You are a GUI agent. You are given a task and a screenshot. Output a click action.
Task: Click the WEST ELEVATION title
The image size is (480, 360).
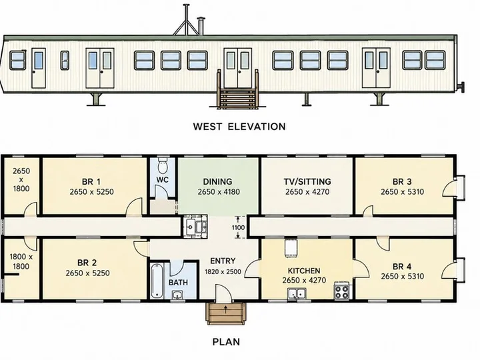tap(239, 127)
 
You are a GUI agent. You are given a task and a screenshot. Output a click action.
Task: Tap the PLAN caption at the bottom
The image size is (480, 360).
tap(226, 341)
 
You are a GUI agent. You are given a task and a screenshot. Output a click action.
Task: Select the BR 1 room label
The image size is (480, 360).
tap(91, 182)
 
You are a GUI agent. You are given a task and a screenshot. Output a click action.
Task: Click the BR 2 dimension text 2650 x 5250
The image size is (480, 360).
tap(87, 273)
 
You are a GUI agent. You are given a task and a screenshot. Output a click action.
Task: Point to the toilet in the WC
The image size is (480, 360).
tap(162, 165)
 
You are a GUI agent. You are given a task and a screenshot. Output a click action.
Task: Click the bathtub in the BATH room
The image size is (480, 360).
tap(157, 281)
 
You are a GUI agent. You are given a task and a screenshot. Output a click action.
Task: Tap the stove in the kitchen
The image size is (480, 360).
tap(341, 290)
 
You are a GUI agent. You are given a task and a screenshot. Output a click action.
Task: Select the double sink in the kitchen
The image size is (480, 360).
tap(297, 293)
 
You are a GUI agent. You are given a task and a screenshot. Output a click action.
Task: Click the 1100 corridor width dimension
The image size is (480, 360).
tap(238, 227)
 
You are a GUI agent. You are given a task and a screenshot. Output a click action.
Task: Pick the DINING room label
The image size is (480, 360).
tap(217, 182)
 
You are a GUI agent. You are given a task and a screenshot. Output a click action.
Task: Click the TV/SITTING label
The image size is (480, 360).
tap(307, 182)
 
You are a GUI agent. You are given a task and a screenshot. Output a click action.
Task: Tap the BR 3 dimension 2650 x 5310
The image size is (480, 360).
tap(402, 192)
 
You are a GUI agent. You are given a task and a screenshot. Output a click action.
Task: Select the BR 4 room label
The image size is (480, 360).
tap(402, 267)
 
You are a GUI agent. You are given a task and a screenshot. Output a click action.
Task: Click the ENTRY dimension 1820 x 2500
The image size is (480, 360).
tap(223, 271)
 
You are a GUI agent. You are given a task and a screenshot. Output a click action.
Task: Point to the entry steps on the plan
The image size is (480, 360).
tap(226, 311)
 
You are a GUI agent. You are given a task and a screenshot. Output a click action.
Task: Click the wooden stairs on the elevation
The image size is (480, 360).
tap(237, 97)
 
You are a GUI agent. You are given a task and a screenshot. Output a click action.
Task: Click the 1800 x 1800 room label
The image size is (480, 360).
tap(21, 261)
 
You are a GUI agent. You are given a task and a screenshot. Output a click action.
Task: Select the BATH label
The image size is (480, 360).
tap(178, 282)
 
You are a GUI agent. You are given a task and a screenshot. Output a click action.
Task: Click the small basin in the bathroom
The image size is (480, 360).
tap(177, 295)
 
